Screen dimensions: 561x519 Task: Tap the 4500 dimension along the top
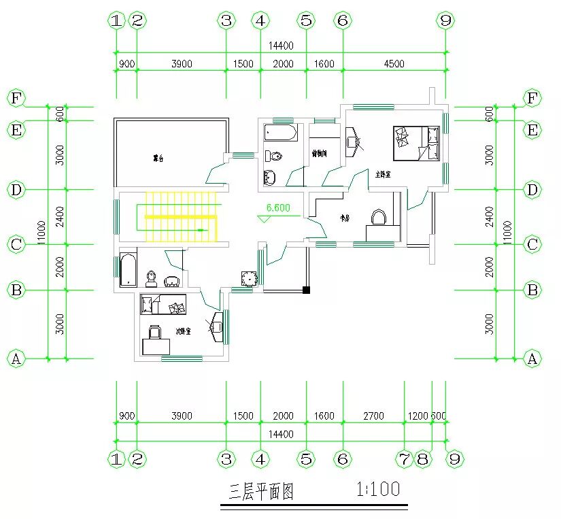pos(394,64)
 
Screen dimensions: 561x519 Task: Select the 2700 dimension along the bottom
pos(373,416)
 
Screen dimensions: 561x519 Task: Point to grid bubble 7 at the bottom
pos(405,459)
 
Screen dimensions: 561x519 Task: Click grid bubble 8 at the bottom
pos(423,459)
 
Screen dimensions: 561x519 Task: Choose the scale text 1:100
pos(377,488)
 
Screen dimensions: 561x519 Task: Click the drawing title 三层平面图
pos(262,491)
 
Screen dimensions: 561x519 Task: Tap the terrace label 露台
pos(158,158)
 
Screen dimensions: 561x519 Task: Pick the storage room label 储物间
pos(320,154)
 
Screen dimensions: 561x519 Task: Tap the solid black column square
pos(307,290)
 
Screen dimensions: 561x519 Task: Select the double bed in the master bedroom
pos(413,143)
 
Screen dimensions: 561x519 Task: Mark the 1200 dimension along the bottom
pos(418,416)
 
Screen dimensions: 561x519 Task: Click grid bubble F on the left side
pos(16,99)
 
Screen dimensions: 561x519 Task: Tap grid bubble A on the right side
pos(532,358)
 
